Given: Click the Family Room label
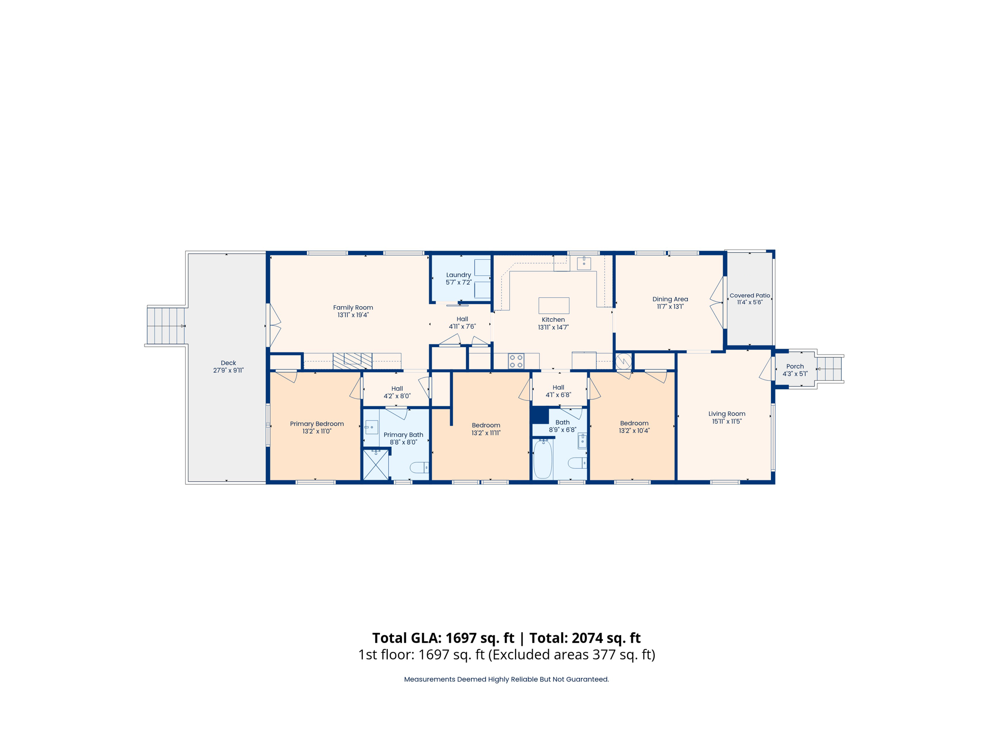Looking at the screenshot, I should click(x=353, y=308).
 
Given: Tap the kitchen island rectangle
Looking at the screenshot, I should click(x=554, y=306).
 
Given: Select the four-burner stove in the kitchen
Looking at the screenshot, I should click(x=516, y=361).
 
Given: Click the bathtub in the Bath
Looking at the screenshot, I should click(x=542, y=459).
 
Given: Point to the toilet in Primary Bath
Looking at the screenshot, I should click(x=419, y=468).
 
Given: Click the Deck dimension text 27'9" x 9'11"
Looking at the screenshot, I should click(x=228, y=371).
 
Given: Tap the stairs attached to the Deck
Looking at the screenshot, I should click(x=166, y=326).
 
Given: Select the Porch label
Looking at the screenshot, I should click(x=795, y=366).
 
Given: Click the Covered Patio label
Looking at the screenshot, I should click(x=750, y=295).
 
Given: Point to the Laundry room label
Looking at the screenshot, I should click(x=458, y=275).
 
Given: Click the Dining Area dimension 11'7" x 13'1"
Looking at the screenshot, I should click(x=670, y=307).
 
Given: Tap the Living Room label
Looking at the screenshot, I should click(x=727, y=414).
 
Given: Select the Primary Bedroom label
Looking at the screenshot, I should click(x=317, y=424).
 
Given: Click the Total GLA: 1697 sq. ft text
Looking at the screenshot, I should click(x=443, y=638).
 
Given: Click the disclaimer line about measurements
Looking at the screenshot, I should click(x=506, y=679).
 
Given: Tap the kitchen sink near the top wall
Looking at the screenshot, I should click(x=583, y=263).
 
